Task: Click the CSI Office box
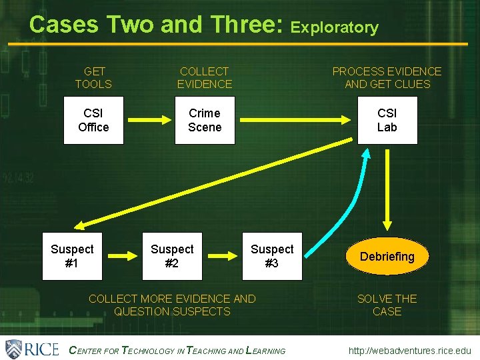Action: coord(93,121)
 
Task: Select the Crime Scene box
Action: coord(205,121)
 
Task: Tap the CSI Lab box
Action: coord(387,121)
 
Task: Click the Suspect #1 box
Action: coord(72,256)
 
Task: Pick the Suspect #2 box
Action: coord(172,256)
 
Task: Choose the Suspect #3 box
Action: coord(272,256)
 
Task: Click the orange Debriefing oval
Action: coord(387,257)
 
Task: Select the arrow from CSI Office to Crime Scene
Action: coord(147,121)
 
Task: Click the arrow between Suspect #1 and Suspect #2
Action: coord(122,256)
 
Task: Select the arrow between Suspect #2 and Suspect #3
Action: coord(222,256)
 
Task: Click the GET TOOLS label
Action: coord(93,78)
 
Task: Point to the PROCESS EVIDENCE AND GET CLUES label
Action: coord(387,78)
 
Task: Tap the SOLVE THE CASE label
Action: coord(387,305)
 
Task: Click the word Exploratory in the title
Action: coord(335,28)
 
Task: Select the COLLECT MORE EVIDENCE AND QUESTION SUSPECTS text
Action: coord(172,305)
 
